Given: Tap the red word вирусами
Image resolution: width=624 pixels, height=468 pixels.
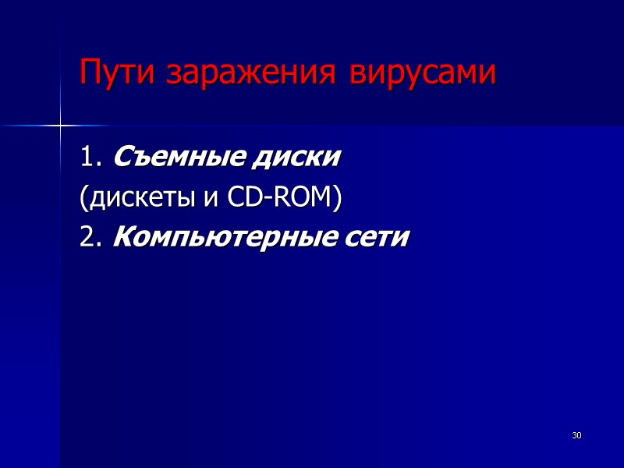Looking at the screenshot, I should click(x=422, y=75).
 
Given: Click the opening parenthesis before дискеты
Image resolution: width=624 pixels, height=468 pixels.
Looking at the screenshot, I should click(x=82, y=200).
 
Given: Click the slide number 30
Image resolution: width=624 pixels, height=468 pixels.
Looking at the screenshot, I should click(x=576, y=434).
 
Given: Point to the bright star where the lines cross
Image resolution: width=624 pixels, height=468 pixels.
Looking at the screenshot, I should click(x=60, y=124).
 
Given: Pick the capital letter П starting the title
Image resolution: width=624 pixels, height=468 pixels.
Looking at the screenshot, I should click(x=89, y=73).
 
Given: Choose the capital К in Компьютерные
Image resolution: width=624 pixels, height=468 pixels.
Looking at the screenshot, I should click(x=122, y=238).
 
